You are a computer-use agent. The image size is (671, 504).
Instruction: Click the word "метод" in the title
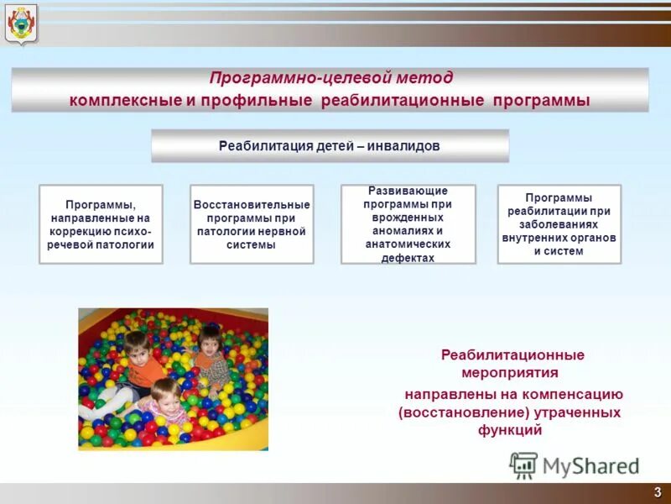(x=424, y=78)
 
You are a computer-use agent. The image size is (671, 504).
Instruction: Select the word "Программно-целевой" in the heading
(x=299, y=78)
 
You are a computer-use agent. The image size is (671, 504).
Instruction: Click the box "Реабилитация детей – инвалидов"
(x=330, y=145)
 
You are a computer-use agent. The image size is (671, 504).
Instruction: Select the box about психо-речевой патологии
(x=101, y=224)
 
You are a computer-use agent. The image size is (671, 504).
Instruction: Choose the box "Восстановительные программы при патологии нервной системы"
(x=252, y=224)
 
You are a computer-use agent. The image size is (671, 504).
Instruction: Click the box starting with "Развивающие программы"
(x=408, y=224)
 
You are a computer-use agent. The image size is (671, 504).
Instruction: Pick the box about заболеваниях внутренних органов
(x=559, y=224)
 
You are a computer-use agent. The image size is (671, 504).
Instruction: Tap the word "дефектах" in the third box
(x=408, y=258)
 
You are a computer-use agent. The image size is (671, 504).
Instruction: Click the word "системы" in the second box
(x=252, y=245)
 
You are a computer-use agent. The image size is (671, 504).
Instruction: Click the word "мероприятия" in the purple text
(x=510, y=372)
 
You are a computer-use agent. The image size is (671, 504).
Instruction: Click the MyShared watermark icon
(x=523, y=465)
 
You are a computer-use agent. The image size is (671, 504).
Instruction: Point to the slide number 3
(x=657, y=491)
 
